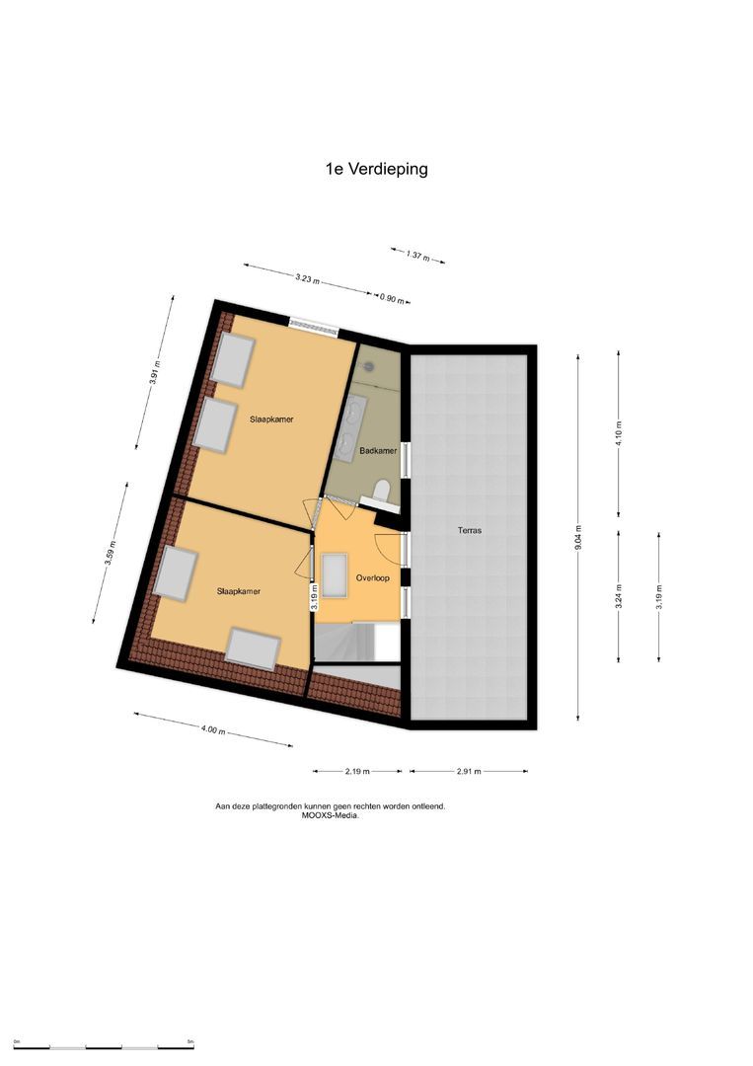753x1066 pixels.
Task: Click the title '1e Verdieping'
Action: click(x=376, y=169)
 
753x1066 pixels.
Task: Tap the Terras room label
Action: click(x=469, y=530)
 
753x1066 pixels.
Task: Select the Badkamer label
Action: click(x=378, y=450)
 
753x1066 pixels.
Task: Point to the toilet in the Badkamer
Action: click(x=383, y=491)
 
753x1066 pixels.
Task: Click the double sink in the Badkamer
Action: click(x=350, y=428)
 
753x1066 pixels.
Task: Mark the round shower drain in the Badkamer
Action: click(x=369, y=364)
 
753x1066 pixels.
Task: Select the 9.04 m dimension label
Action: click(x=578, y=538)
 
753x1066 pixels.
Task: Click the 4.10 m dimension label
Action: click(x=619, y=433)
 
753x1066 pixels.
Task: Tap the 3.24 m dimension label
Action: click(x=619, y=597)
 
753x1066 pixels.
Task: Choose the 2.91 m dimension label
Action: click(x=469, y=771)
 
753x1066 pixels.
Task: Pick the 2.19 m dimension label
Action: click(x=357, y=771)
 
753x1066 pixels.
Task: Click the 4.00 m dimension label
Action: click(x=213, y=730)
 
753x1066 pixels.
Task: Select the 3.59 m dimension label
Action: click(x=113, y=555)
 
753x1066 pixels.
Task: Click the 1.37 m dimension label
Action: click(x=417, y=256)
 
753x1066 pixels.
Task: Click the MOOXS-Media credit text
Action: click(x=331, y=815)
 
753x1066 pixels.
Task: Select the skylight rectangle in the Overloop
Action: click(x=334, y=574)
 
